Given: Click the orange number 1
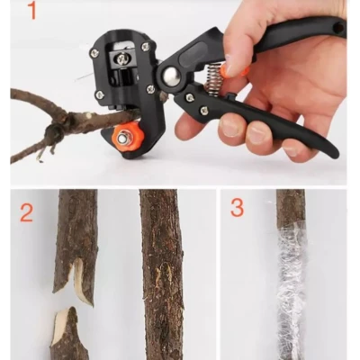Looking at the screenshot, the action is (x=31, y=10).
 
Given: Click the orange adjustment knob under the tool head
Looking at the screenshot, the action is (x=128, y=139).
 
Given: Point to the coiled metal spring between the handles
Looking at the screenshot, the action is (x=213, y=76).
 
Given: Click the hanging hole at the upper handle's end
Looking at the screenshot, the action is (x=339, y=29).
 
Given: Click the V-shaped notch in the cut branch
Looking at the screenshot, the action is (x=73, y=271).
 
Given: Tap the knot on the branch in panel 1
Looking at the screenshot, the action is (x=54, y=133).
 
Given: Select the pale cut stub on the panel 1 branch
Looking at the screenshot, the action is (x=87, y=115).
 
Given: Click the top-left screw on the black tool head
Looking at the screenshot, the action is (x=93, y=54).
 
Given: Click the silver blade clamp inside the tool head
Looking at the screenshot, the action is (x=122, y=58).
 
